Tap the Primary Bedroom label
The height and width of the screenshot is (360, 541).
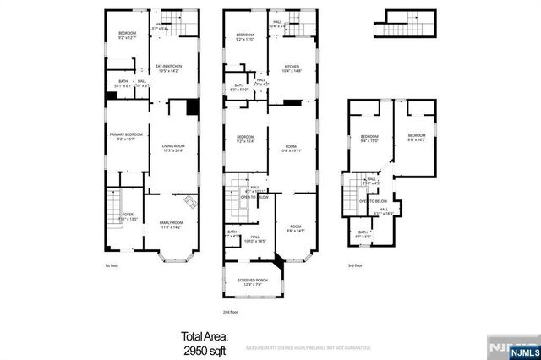[124, 136]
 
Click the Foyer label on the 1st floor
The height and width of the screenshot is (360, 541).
[128, 217]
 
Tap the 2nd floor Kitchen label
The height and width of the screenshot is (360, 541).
[292, 68]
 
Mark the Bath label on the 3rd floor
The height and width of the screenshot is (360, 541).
[363, 233]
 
